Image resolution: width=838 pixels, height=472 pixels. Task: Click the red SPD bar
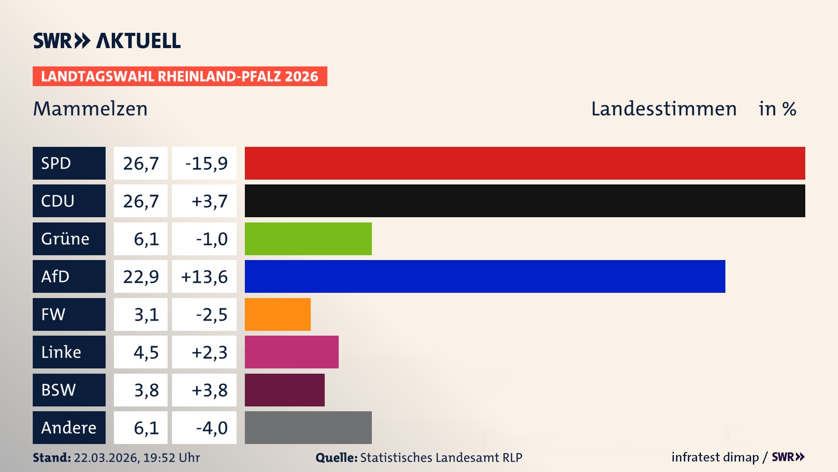[525, 163]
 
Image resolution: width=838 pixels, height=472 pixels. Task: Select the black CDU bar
[525, 201]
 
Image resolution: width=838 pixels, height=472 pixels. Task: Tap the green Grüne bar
[308, 239]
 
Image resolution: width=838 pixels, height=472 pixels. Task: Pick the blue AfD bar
[484, 276]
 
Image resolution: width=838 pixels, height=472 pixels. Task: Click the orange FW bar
[278, 314]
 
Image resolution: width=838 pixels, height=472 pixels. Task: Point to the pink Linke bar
[292, 352]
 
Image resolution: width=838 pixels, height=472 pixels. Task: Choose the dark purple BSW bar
[285, 390]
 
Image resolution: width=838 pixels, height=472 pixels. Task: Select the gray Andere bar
[308, 427]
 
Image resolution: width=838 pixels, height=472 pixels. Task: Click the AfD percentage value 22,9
[141, 277]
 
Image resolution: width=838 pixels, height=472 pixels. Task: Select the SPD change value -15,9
[206, 163]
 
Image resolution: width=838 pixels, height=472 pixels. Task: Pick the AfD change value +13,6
[204, 277]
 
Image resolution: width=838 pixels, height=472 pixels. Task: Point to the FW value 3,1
[146, 315]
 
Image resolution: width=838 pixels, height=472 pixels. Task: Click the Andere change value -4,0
[212, 428]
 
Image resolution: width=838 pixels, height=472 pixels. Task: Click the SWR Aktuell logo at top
[107, 41]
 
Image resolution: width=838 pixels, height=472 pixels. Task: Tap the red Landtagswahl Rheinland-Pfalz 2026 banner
[180, 76]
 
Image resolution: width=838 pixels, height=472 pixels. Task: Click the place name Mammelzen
[90, 109]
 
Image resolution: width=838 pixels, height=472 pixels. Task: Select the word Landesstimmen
[663, 109]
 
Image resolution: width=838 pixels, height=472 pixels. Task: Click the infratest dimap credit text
[715, 457]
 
